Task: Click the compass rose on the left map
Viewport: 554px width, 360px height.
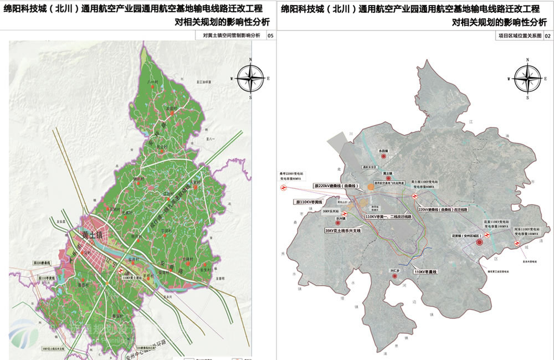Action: [251, 78]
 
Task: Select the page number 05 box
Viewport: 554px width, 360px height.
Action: [270, 36]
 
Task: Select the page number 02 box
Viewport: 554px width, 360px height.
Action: [547, 36]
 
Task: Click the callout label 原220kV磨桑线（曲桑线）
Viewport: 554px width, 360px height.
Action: [336, 186]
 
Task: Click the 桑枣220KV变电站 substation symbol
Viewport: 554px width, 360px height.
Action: [283, 188]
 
